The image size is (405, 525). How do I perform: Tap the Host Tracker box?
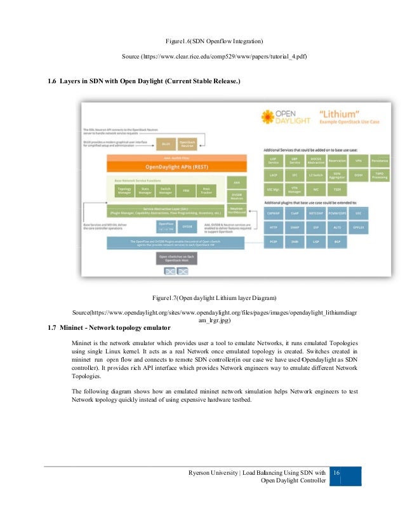pyautogui.click(x=206, y=189)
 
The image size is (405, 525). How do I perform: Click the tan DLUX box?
pyautogui.click(x=166, y=144)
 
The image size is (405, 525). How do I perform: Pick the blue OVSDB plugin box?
pyautogui.click(x=187, y=226)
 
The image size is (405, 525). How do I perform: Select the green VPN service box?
pyautogui.click(x=359, y=161)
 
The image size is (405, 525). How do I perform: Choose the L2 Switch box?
pyautogui.click(x=315, y=175)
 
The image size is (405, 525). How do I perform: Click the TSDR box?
pyautogui.click(x=337, y=189)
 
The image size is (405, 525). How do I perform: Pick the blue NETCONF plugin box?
pyautogui.click(x=315, y=214)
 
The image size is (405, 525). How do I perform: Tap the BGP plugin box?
pyautogui.click(x=337, y=241)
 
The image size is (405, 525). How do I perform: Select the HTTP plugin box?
pyautogui.click(x=272, y=227)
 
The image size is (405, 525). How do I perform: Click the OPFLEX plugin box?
pyautogui.click(x=359, y=227)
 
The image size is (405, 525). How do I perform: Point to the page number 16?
pyautogui.click(x=337, y=472)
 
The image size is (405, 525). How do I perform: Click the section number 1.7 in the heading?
pyautogui.click(x=53, y=327)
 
